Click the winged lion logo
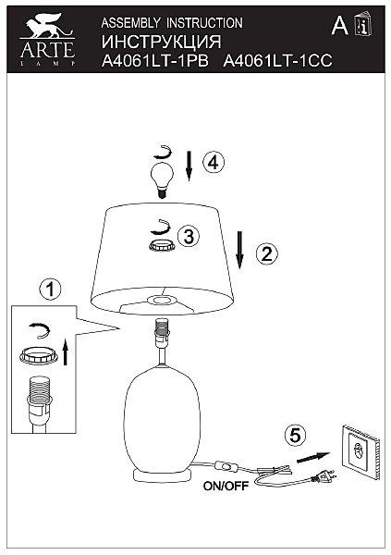click(x=46, y=26)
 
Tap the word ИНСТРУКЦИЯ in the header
click(x=162, y=42)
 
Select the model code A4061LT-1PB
click(x=155, y=60)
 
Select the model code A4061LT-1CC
click(x=278, y=60)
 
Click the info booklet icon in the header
click(x=363, y=24)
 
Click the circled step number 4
click(x=214, y=163)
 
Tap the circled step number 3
click(x=189, y=236)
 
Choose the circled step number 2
click(x=267, y=253)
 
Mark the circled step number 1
click(x=50, y=289)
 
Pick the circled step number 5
click(x=295, y=435)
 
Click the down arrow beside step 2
click(x=240, y=250)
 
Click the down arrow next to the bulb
click(x=189, y=166)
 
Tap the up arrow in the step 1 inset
click(x=65, y=352)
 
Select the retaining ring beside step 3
click(x=162, y=245)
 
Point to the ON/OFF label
click(x=226, y=486)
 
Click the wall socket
click(x=360, y=451)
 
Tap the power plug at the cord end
click(x=323, y=476)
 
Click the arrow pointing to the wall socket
click(x=313, y=457)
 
